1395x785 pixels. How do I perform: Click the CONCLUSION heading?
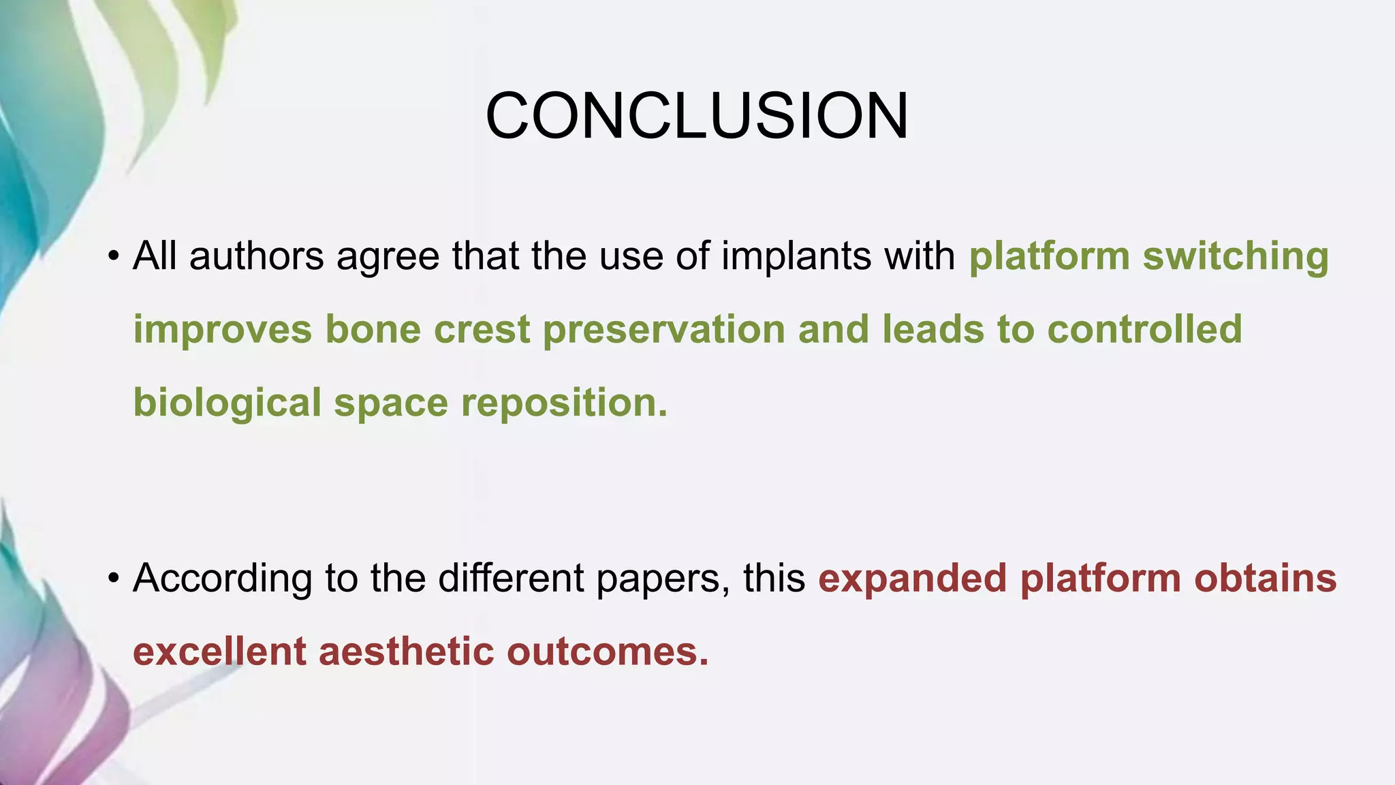pyautogui.click(x=697, y=117)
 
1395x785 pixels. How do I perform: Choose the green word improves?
pyautogui.click(x=222, y=330)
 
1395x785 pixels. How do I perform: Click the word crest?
pyautogui.click(x=482, y=330)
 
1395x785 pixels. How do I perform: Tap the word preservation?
pyautogui.click(x=663, y=330)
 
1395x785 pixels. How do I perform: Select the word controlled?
pyautogui.click(x=1144, y=330)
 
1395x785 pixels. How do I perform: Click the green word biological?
pyautogui.click(x=227, y=403)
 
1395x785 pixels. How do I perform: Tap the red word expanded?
pyautogui.click(x=912, y=579)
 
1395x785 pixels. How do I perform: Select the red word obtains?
pyautogui.click(x=1265, y=579)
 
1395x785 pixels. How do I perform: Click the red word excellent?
pyautogui.click(x=219, y=651)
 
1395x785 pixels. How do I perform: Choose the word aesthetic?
pyautogui.click(x=406, y=651)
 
